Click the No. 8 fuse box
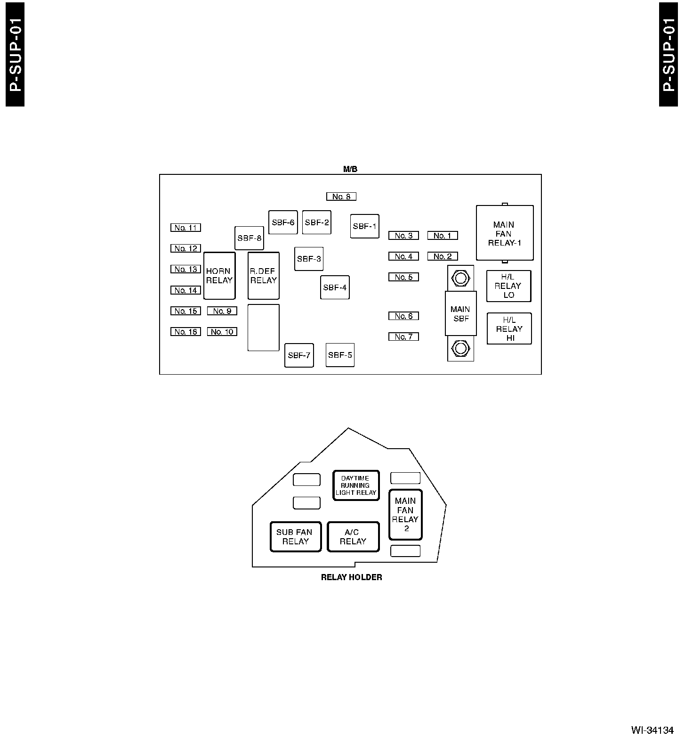click(341, 197)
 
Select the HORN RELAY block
click(219, 276)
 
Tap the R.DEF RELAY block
click(264, 276)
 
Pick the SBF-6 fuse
click(283, 222)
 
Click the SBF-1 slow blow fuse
click(365, 226)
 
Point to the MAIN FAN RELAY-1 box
click(505, 233)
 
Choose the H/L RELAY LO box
click(508, 286)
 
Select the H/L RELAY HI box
click(509, 329)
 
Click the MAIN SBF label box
click(461, 314)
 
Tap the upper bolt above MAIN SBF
click(460, 278)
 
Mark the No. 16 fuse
click(185, 332)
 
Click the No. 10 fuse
click(222, 332)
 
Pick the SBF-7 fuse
click(299, 355)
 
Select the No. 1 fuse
click(443, 236)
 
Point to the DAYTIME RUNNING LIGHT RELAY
click(356, 485)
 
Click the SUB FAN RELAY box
click(296, 537)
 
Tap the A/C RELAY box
click(353, 537)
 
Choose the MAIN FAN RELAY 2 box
click(405, 515)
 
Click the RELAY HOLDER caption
click(352, 577)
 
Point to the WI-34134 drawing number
click(653, 730)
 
